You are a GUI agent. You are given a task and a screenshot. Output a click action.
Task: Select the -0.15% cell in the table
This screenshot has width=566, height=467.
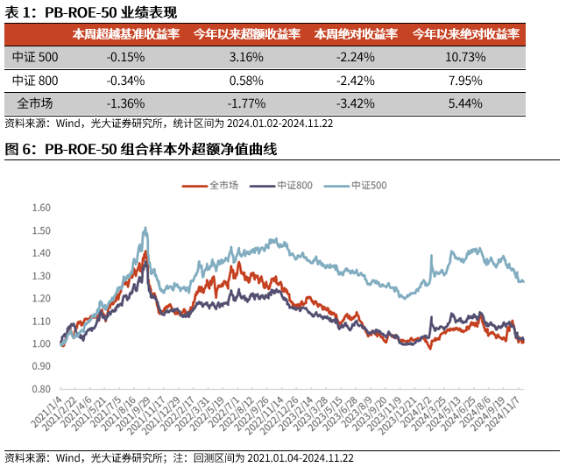(125, 57)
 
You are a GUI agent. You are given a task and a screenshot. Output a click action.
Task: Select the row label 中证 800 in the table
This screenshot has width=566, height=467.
(36, 81)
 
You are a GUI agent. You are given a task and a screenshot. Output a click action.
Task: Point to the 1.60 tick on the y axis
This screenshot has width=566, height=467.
(40, 209)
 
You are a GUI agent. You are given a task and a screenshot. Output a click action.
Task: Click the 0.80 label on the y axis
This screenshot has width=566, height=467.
(40, 389)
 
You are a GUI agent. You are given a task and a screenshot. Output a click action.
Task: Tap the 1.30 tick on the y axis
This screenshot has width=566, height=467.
(40, 276)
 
